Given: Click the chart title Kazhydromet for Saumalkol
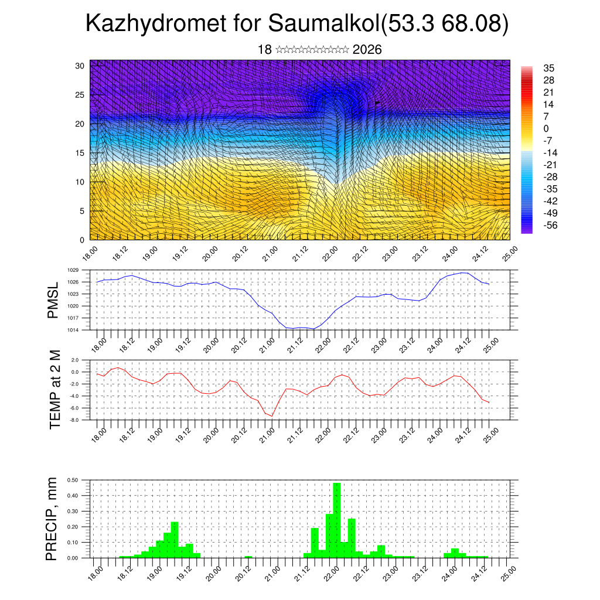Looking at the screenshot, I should point(296,24).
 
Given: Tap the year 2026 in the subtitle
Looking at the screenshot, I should point(367,50).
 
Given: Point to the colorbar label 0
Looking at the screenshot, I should point(546,128).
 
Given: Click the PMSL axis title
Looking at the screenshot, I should point(53,299).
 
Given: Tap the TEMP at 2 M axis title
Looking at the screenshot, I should point(55,389).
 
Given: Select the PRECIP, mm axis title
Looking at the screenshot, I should point(52,518).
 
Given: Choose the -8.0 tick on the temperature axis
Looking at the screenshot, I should point(74,420).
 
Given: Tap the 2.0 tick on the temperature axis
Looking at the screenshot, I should point(75,360).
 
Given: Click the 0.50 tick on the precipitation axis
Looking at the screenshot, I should point(73,480).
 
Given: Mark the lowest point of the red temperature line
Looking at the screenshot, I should point(272,416).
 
